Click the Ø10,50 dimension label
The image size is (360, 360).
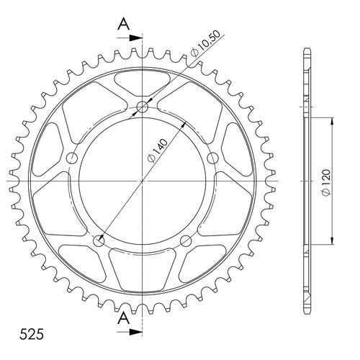pyautogui.click(x=205, y=44)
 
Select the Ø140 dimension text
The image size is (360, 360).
pyautogui.click(x=158, y=150)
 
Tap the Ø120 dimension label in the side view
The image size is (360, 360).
pyautogui.click(x=326, y=183)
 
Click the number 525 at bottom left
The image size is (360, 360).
pyautogui.click(x=32, y=334)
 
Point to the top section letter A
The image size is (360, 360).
pyautogui.click(x=123, y=24)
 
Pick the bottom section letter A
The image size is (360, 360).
pyautogui.click(x=123, y=318)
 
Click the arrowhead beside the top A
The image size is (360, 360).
pyautogui.click(x=135, y=38)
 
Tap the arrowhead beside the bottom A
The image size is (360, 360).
pyautogui.click(x=135, y=332)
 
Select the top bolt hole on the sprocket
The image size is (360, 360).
pyautogui.click(x=143, y=107)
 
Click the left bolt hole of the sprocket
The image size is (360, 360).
pyautogui.click(x=72, y=158)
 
